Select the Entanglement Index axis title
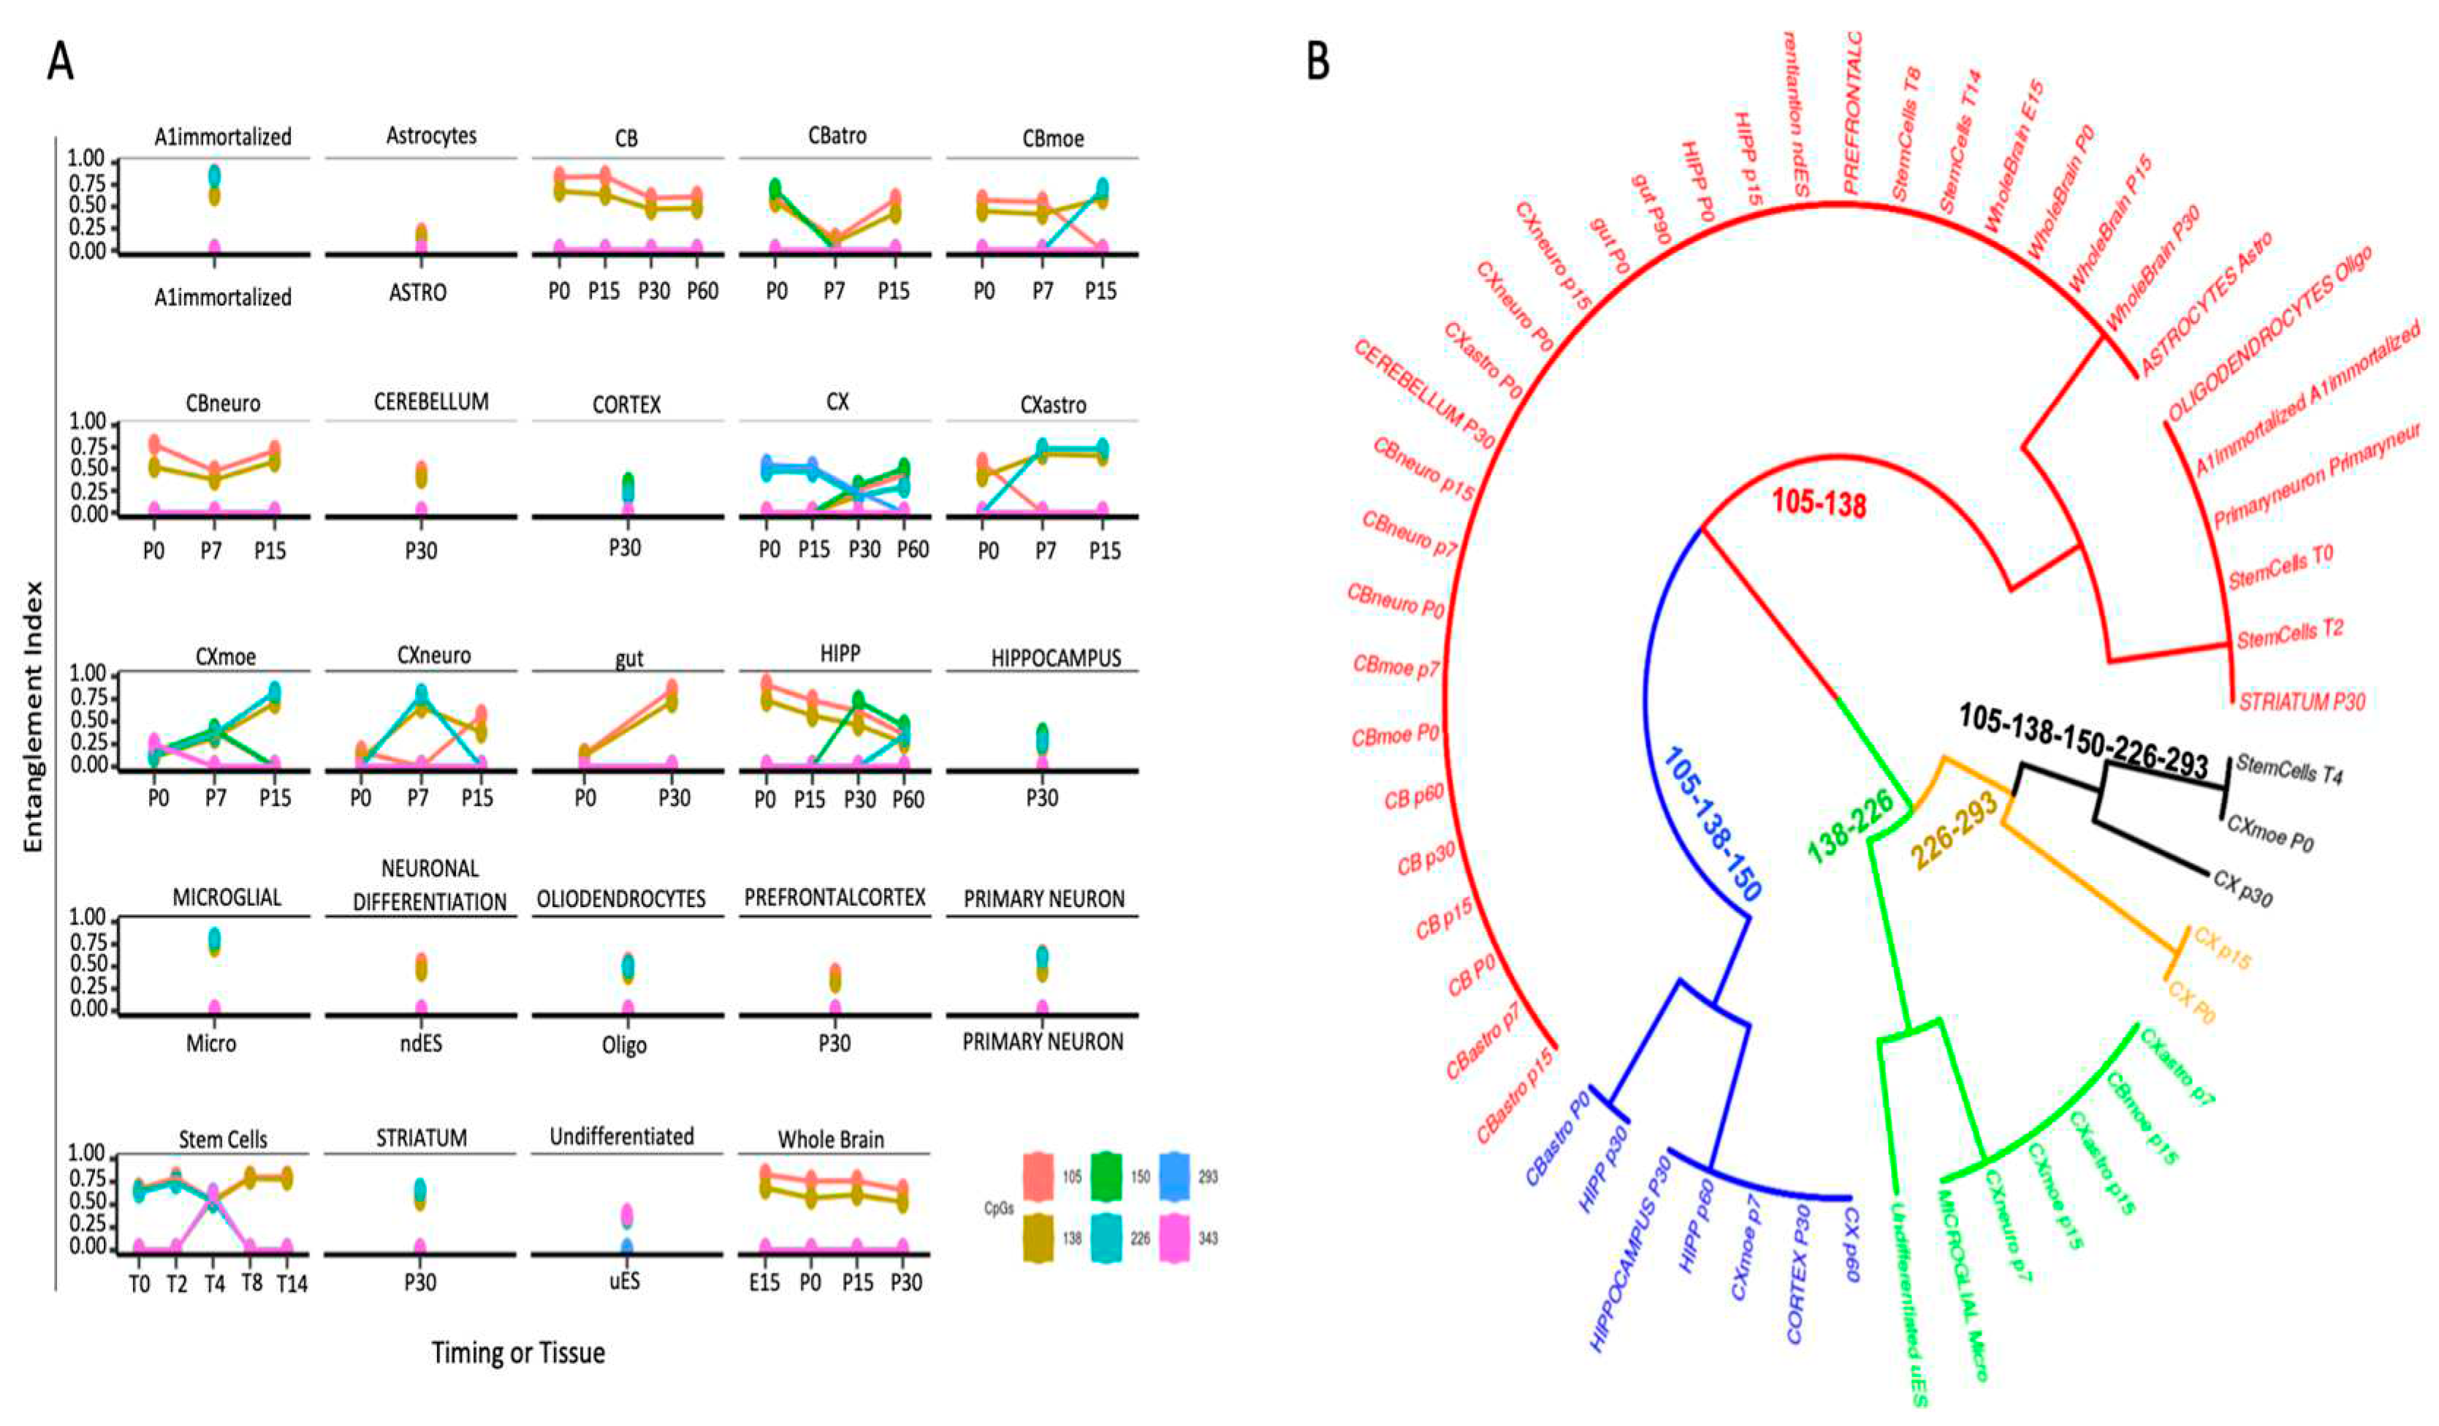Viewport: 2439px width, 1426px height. pos(34,716)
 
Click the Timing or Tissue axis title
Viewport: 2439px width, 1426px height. pos(518,1352)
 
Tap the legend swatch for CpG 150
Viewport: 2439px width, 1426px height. pos(1106,1176)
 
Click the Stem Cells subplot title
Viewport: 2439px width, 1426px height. pos(223,1139)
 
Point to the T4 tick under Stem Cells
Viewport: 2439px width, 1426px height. pos(213,1283)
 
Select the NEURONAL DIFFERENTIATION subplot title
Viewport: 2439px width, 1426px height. pos(430,885)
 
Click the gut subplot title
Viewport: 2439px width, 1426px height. pos(628,659)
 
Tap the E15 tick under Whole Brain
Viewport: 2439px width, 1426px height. pos(764,1283)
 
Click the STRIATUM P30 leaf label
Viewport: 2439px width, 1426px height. pos(2301,701)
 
